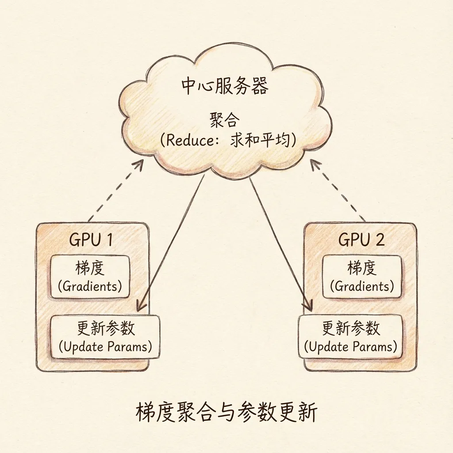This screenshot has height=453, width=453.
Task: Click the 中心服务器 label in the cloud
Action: [225, 86]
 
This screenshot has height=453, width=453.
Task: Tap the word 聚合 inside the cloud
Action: [224, 120]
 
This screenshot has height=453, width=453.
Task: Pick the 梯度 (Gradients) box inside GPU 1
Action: [90, 276]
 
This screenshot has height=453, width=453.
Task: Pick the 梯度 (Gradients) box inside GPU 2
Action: [362, 276]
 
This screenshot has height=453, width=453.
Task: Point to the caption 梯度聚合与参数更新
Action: [226, 413]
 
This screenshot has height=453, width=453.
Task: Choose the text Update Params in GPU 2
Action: [350, 346]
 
